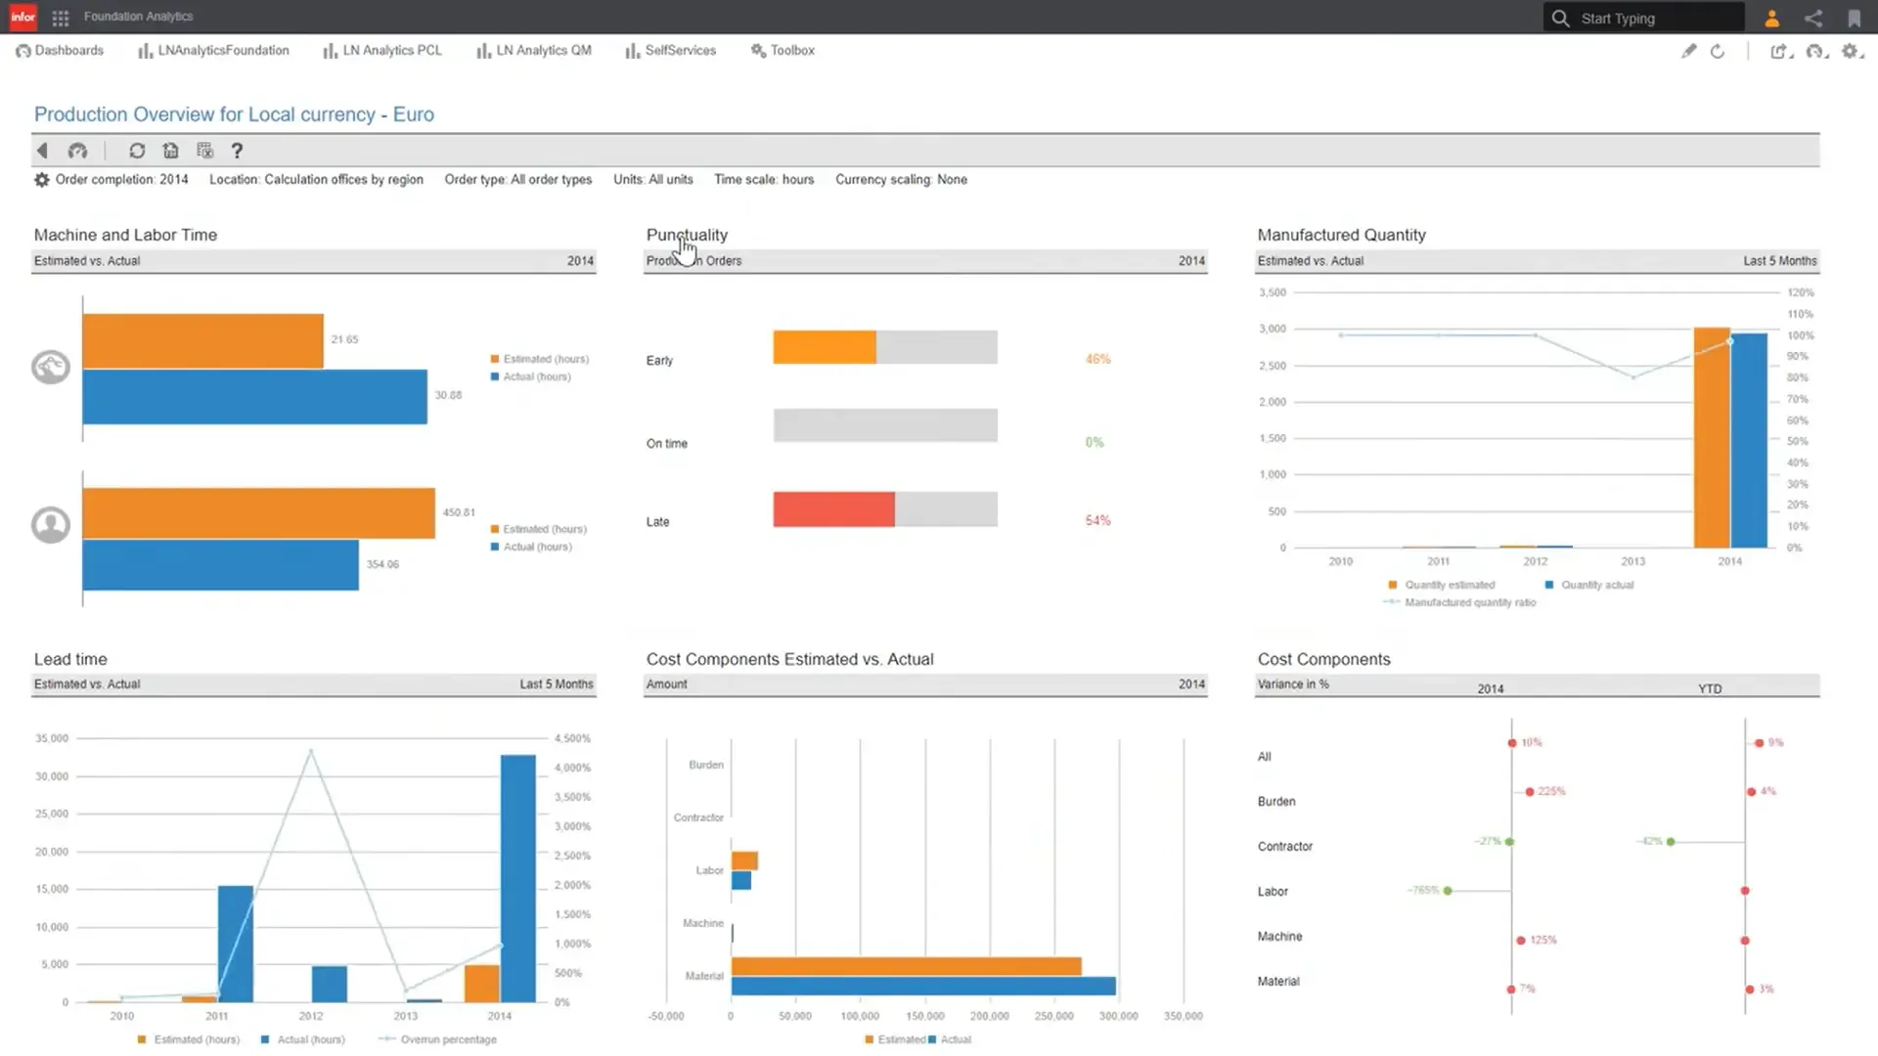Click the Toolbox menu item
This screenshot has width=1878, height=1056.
pyautogui.click(x=791, y=51)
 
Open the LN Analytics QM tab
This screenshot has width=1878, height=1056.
pyautogui.click(x=543, y=51)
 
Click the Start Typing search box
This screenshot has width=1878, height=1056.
pyautogui.click(x=1653, y=19)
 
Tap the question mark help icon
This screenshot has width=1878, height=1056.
pyautogui.click(x=237, y=151)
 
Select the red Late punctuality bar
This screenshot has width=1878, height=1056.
pyautogui.click(x=833, y=509)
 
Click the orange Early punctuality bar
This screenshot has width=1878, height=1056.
pyautogui.click(x=824, y=347)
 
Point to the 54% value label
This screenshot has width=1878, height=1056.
pyautogui.click(x=1097, y=521)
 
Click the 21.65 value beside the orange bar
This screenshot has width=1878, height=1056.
pyautogui.click(x=344, y=340)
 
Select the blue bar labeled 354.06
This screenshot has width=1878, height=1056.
pyautogui.click(x=220, y=565)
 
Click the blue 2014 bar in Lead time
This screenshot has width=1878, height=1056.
pyautogui.click(x=518, y=878)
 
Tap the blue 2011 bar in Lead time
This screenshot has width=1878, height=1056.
pyautogui.click(x=235, y=944)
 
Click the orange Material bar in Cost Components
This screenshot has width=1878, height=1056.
pyautogui.click(x=906, y=966)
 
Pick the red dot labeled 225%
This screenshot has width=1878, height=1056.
pyautogui.click(x=1529, y=792)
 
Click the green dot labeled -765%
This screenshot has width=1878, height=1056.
pyautogui.click(x=1448, y=891)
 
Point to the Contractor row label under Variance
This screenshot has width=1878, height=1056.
pyautogui.click(x=1284, y=847)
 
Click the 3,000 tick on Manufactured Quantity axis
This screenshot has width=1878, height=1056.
pyautogui.click(x=1272, y=330)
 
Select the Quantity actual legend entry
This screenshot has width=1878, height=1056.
pyautogui.click(x=1596, y=586)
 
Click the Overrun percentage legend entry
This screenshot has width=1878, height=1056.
pyautogui.click(x=447, y=1039)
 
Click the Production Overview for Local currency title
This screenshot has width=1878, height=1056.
pyautogui.click(x=234, y=114)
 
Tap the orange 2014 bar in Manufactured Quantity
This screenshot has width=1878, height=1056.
pyautogui.click(x=1711, y=437)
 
